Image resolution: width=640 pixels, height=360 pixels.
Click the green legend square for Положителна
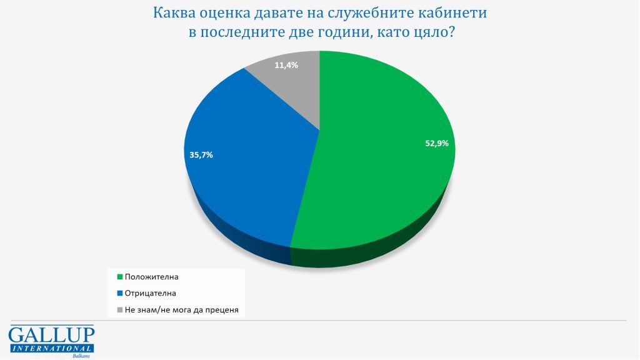click(119, 276)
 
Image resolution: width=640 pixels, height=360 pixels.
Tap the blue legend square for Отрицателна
click(119, 292)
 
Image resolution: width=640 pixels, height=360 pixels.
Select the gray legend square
click(119, 309)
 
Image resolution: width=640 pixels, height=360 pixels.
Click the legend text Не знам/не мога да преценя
click(182, 309)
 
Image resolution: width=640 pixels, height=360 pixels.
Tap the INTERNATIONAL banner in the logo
click(51, 347)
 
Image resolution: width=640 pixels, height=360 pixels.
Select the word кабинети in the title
click(451, 12)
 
